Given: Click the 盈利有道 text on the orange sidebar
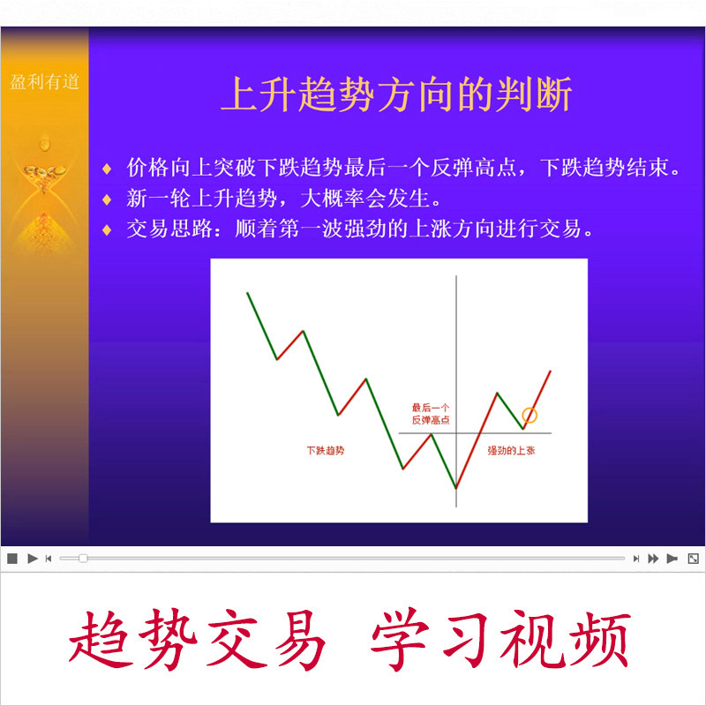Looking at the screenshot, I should [44, 82].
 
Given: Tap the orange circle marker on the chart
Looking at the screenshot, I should [529, 415].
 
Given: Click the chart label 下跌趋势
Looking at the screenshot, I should [325, 450].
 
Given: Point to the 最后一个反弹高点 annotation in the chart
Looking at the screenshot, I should [430, 413].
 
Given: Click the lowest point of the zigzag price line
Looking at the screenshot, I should [456, 487].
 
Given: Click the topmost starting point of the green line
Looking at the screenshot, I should [247, 292].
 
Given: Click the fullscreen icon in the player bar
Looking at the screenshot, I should [693, 558].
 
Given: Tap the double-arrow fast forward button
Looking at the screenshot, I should [653, 558].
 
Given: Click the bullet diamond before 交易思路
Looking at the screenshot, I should [107, 229].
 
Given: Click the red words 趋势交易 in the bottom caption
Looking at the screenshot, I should [198, 641].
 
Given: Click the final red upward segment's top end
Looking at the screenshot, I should [551, 372].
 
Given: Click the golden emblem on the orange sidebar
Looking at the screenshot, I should [43, 168].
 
